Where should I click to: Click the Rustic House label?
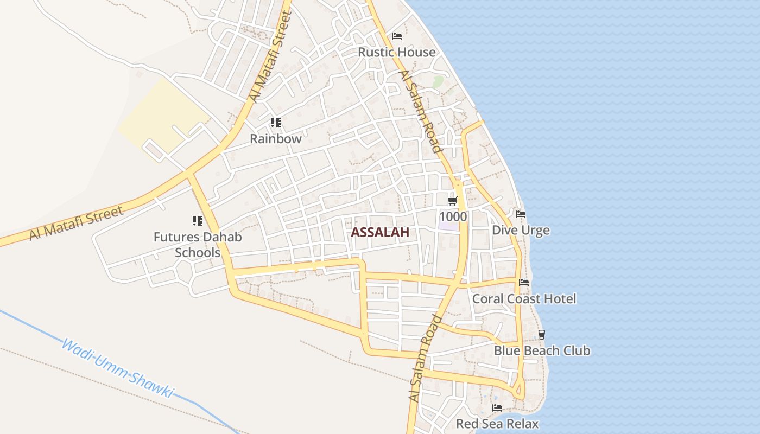[397, 52]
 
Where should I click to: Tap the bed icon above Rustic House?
[397, 36]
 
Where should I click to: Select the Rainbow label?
[275, 138]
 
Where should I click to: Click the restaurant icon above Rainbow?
[276, 123]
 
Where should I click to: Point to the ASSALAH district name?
[379, 232]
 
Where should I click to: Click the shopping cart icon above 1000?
[452, 201]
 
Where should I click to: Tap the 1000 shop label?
[453, 216]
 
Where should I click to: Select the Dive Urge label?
[521, 230]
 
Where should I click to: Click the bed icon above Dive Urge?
[521, 214]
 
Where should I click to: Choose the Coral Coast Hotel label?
[524, 298]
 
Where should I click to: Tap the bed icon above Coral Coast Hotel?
[524, 283]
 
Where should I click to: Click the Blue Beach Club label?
[542, 350]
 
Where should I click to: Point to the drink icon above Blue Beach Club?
[541, 335]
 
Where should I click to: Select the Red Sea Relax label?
[497, 423]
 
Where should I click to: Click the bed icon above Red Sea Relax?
[497, 407]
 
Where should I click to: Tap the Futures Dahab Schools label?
[198, 245]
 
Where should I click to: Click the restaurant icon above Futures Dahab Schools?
[198, 221]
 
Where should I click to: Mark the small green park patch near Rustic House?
[438, 81]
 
